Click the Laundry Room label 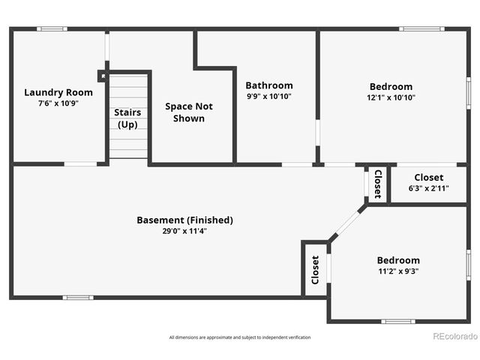pos(58,92)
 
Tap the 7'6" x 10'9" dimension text pos(58,103)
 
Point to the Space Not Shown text pos(188,112)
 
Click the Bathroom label pos(269,85)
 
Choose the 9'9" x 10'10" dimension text pos(269,97)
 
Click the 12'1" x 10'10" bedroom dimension pos(391,97)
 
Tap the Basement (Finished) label pos(184,220)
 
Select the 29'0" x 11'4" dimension pos(184,231)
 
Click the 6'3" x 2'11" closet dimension pos(428,188)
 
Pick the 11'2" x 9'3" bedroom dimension pos(397,271)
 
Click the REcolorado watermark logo pos(455,336)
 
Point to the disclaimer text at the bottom pos(240,337)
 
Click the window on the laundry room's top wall pos(52,29)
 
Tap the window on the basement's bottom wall pos(78,298)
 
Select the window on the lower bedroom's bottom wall pos(397,322)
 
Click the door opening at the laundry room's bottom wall pos(79,163)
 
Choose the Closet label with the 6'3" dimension pos(428,177)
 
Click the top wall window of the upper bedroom pos(421,29)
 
